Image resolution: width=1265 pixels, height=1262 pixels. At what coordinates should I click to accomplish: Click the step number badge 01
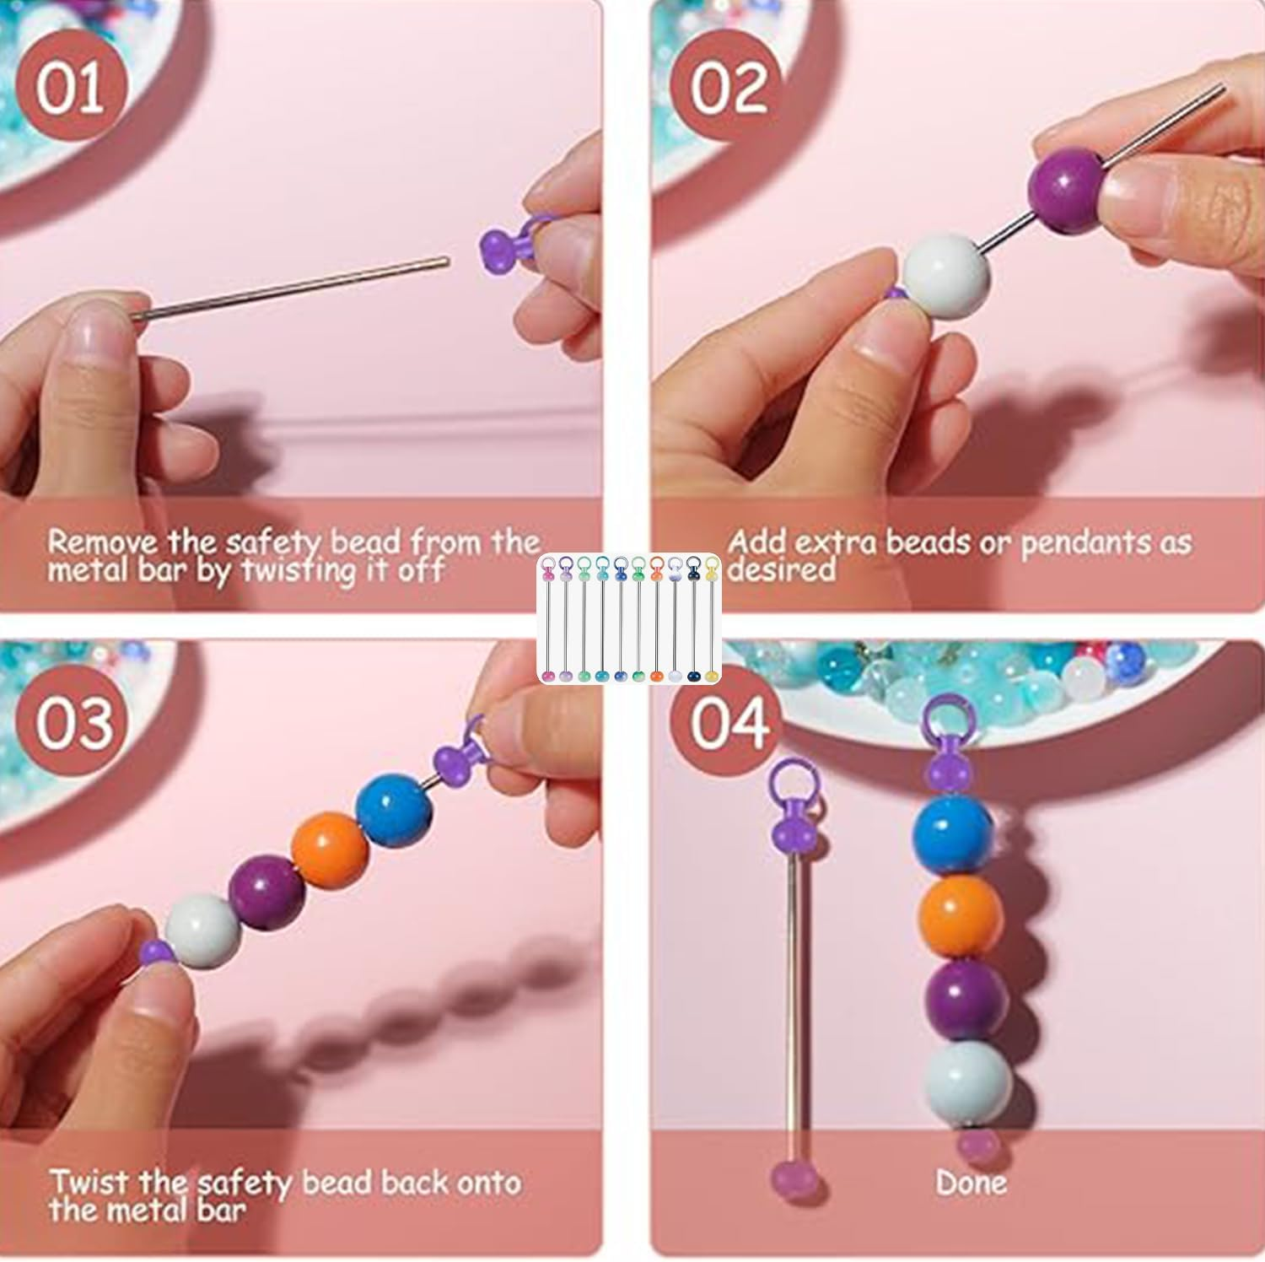tap(70, 87)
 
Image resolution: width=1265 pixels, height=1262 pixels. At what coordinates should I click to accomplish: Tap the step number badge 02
tap(729, 87)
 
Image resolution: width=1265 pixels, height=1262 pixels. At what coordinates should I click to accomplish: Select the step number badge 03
tap(74, 723)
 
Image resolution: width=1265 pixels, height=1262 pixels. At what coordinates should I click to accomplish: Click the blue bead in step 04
tap(953, 835)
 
